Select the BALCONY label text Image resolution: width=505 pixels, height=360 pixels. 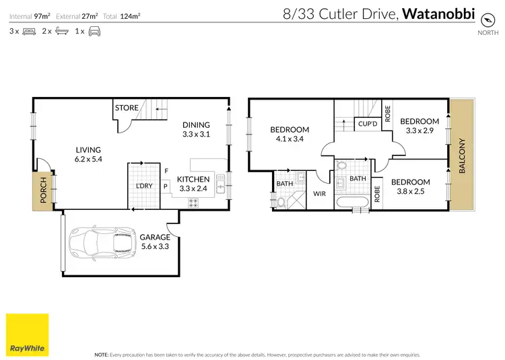tap(462, 156)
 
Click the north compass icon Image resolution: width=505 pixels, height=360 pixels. tap(483, 20)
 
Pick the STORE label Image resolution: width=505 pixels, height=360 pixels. tap(127, 108)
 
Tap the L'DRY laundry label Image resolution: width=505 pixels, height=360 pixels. tap(143, 185)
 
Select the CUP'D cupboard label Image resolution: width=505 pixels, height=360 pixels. tap(367, 124)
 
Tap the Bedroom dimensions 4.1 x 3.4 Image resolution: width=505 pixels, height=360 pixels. tap(290, 140)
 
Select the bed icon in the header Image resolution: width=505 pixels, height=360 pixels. tap(30, 32)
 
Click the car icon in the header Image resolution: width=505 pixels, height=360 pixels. tap(94, 32)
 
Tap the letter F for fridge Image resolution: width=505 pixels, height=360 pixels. tap(166, 171)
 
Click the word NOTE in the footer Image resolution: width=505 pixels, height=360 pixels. tap(102, 354)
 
